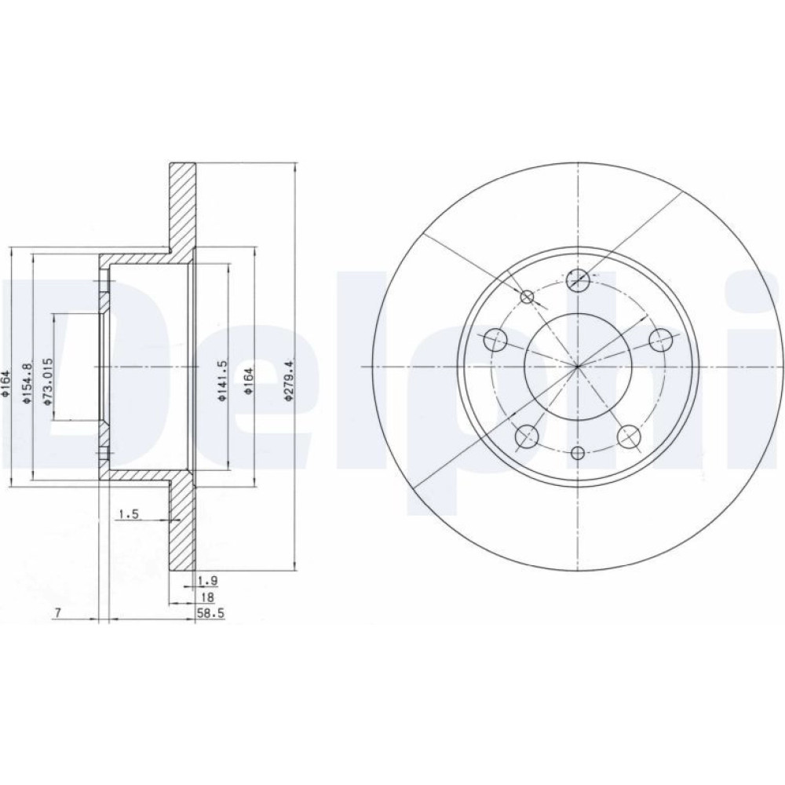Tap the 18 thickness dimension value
206,597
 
